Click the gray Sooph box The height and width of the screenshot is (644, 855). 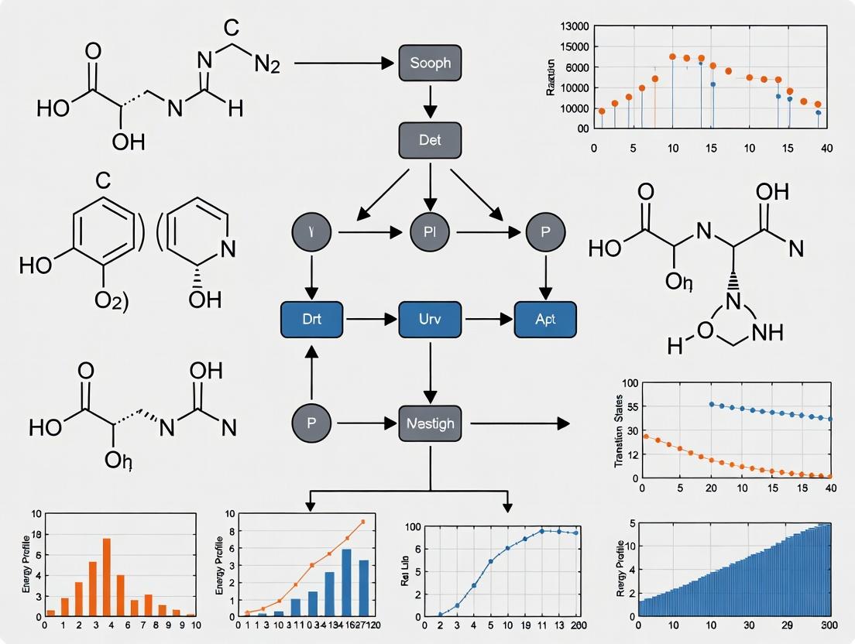429,62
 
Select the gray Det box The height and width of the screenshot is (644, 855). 429,140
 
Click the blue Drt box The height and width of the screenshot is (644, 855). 311,318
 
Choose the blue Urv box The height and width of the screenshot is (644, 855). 429,318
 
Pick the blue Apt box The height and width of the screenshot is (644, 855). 545,318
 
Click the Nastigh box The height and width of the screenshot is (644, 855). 430,423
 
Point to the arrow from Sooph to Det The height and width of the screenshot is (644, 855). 430,101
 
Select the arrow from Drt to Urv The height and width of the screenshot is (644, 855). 370,318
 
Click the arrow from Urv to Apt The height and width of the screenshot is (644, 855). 487,318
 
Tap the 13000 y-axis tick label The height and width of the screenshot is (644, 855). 574,27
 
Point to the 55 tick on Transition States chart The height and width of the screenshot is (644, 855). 628,406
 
